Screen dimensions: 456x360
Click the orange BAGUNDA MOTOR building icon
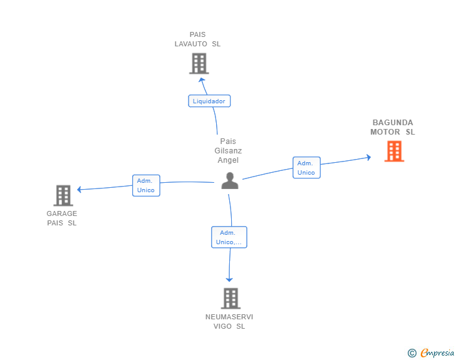pos(394,152)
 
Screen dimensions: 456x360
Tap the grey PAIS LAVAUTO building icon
pos(199,63)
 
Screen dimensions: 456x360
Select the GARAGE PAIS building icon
pos(63,195)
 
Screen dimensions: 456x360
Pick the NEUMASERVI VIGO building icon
pos(231,299)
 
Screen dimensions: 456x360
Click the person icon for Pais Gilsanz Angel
pos(230,180)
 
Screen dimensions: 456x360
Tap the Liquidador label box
pos(209,101)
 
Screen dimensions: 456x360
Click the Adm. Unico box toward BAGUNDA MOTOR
pos(306,168)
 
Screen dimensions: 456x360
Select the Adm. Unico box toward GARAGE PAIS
pos(146,185)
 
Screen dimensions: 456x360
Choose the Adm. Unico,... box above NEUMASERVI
pos(229,237)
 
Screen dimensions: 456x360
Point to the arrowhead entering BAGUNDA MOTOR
pos(369,157)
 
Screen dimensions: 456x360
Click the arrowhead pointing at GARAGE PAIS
pos(79,190)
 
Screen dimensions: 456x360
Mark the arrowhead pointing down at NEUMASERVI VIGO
pos(229,280)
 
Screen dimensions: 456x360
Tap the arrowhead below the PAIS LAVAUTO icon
pos(202,80)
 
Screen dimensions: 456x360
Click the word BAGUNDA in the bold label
pos(393,123)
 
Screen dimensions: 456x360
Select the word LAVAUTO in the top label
pos(191,44)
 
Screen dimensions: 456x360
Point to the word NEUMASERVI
pos(229,317)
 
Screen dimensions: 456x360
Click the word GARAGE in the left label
pos(62,213)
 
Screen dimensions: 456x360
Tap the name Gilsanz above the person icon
pos(228,151)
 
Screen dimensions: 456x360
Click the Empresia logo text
pos(437,353)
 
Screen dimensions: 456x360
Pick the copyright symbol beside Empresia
pos(412,353)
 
